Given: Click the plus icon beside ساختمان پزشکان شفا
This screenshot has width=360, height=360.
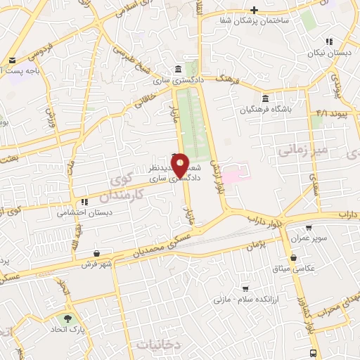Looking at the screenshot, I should tap(255, 11).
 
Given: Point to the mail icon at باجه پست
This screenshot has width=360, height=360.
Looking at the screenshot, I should tap(12, 60).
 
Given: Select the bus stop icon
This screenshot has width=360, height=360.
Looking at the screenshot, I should tap(313, 353).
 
